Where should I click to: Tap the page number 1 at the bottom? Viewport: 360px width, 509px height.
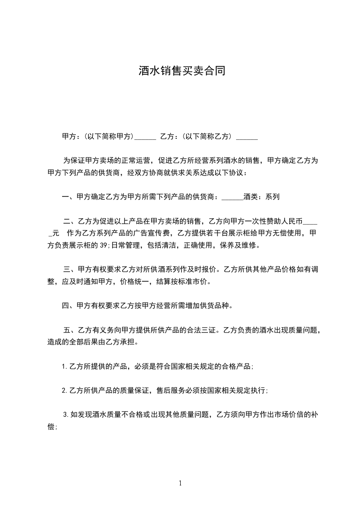pyautogui.click(x=180, y=483)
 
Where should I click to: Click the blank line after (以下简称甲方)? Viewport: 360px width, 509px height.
pyautogui.click(x=146, y=137)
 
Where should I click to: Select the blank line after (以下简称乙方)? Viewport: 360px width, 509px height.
pyautogui.click(x=247, y=137)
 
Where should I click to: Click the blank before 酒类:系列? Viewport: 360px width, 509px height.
pyautogui.click(x=233, y=197)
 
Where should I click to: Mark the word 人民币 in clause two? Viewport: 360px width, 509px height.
pyautogui.click(x=291, y=221)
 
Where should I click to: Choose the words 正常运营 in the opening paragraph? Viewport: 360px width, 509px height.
pyautogui.click(x=133, y=161)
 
